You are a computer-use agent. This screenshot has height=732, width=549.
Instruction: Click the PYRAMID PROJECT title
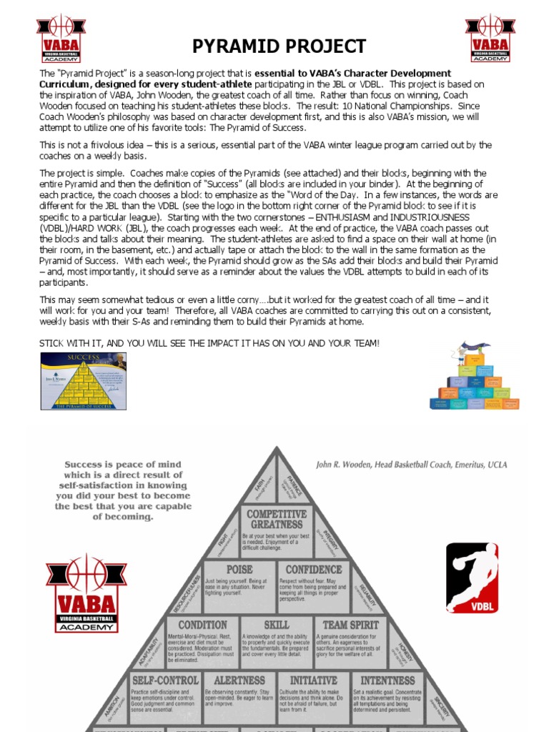pyautogui.click(x=279, y=47)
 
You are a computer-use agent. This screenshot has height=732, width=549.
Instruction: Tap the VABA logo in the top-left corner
pyautogui.click(x=61, y=38)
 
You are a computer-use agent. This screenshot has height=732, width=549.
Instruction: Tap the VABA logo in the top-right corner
pyautogui.click(x=490, y=38)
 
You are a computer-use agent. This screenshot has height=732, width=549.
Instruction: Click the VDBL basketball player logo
pyautogui.click(x=473, y=578)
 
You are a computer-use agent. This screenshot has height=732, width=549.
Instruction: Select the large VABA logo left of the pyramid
pyautogui.click(x=86, y=593)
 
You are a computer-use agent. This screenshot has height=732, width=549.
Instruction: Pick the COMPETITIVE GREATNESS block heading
pyautogui.click(x=276, y=520)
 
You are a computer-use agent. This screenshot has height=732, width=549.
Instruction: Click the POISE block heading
pyautogui.click(x=239, y=570)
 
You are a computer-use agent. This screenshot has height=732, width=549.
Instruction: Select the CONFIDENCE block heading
pyautogui.click(x=313, y=570)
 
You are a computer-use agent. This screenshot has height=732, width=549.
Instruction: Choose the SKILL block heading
pyautogui.click(x=276, y=625)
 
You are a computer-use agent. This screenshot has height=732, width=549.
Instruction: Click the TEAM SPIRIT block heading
pyautogui.click(x=350, y=625)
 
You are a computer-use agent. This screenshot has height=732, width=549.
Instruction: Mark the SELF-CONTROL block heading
pyautogui.click(x=164, y=681)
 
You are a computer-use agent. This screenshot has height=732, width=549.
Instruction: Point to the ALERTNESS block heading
pyautogui.click(x=239, y=681)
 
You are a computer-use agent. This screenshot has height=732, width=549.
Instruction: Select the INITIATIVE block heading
pyautogui.click(x=313, y=681)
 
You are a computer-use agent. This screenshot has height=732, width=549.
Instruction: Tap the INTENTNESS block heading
pyautogui.click(x=387, y=681)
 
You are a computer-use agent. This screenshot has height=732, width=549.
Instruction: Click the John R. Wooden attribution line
pyautogui.click(x=412, y=465)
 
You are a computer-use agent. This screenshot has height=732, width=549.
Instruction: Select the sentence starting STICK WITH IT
pyautogui.click(x=209, y=344)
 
